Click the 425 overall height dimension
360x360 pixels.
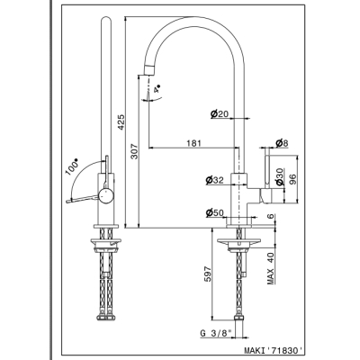tap(121, 122)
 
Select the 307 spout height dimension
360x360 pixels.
tap(134, 151)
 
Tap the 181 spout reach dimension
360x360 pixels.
tap(193, 143)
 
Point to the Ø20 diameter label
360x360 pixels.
tap(220, 113)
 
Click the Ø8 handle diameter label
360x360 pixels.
tap(282, 143)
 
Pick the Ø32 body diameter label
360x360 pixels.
tap(214, 180)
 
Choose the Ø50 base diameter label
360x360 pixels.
tap(214, 212)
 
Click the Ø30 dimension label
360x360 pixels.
tap(279, 176)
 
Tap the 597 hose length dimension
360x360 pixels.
tap(208, 274)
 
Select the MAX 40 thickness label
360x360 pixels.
tap(271, 268)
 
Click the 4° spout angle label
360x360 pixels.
tap(157, 89)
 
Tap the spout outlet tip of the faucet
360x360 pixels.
tap(149, 70)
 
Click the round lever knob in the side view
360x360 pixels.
tap(106, 196)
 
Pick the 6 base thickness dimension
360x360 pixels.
tap(271, 217)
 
